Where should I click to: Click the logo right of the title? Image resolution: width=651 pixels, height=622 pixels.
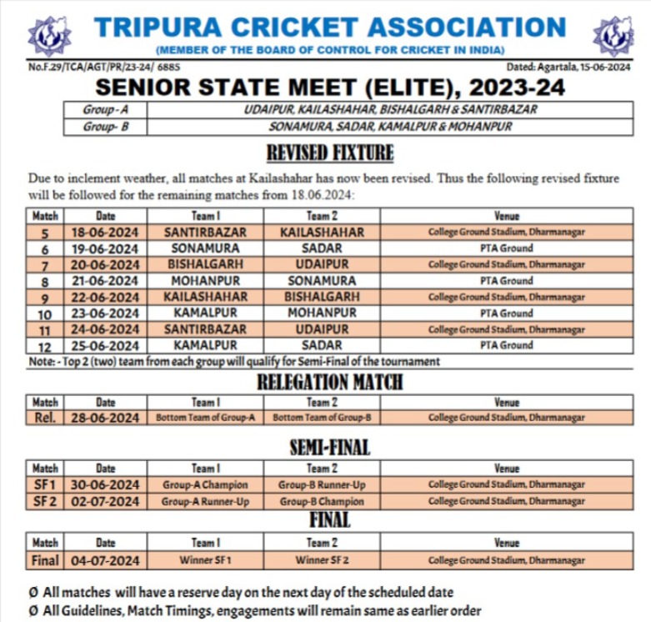click(x=613, y=36)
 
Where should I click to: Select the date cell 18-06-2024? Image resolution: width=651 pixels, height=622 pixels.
click(x=105, y=233)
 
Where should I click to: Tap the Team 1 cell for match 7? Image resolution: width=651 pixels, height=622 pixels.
click(x=205, y=264)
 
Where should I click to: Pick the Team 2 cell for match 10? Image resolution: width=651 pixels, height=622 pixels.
click(x=322, y=314)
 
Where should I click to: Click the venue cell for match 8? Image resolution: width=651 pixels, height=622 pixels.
click(x=506, y=281)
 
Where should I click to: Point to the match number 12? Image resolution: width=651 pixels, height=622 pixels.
click(x=45, y=346)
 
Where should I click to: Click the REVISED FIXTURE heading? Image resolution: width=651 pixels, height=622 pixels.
click(x=329, y=153)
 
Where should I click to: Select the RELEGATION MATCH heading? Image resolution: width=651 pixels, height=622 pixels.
click(x=329, y=383)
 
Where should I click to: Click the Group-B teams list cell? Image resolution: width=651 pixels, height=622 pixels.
click(x=390, y=127)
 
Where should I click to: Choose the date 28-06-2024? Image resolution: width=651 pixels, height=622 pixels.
click(x=105, y=418)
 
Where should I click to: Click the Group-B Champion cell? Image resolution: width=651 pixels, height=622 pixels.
click(x=322, y=501)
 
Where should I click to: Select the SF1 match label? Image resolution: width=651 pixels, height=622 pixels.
click(x=45, y=484)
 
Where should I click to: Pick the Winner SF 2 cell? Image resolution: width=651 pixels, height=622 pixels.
click(x=322, y=560)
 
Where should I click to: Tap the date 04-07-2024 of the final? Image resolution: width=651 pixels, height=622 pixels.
click(x=105, y=560)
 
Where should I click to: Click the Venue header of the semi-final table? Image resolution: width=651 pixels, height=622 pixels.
click(x=506, y=469)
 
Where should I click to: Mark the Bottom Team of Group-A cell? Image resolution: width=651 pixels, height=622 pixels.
click(x=205, y=418)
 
